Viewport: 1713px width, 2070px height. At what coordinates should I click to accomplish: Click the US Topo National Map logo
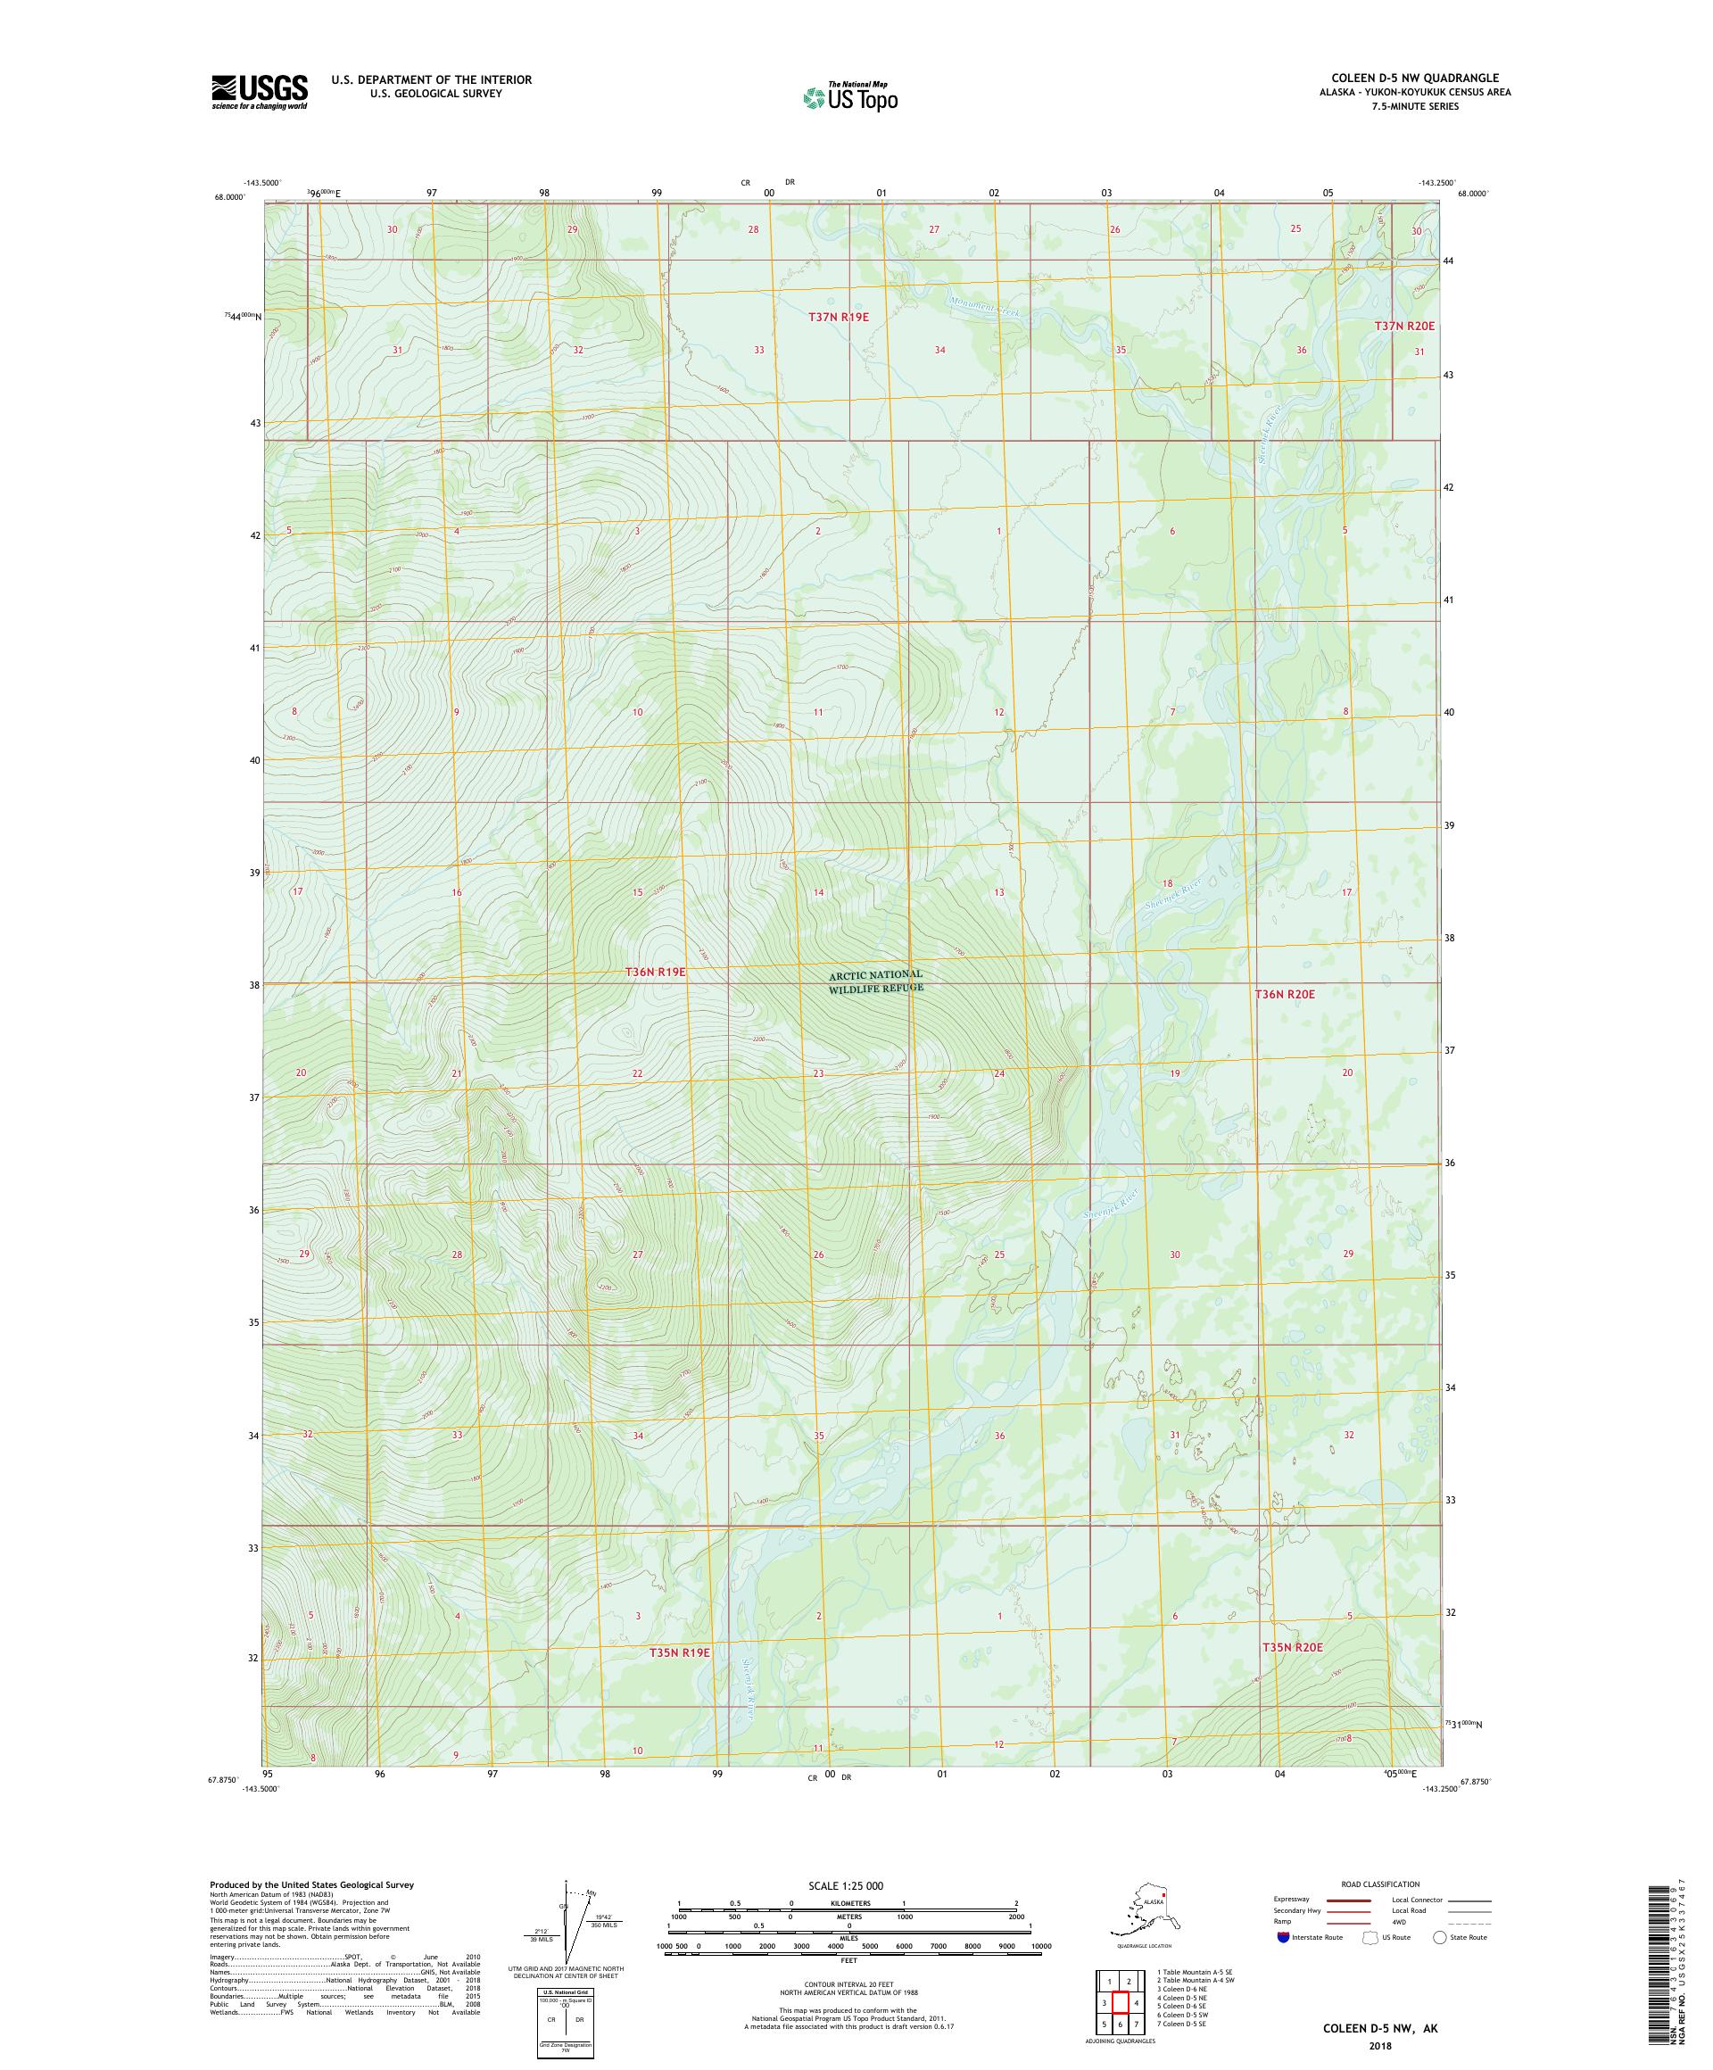pos(849,96)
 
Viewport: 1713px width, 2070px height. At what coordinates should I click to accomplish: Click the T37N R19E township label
pos(839,317)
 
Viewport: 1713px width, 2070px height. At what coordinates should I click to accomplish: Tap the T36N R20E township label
pos(1284,995)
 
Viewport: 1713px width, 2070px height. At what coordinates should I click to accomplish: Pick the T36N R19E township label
pos(655,972)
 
